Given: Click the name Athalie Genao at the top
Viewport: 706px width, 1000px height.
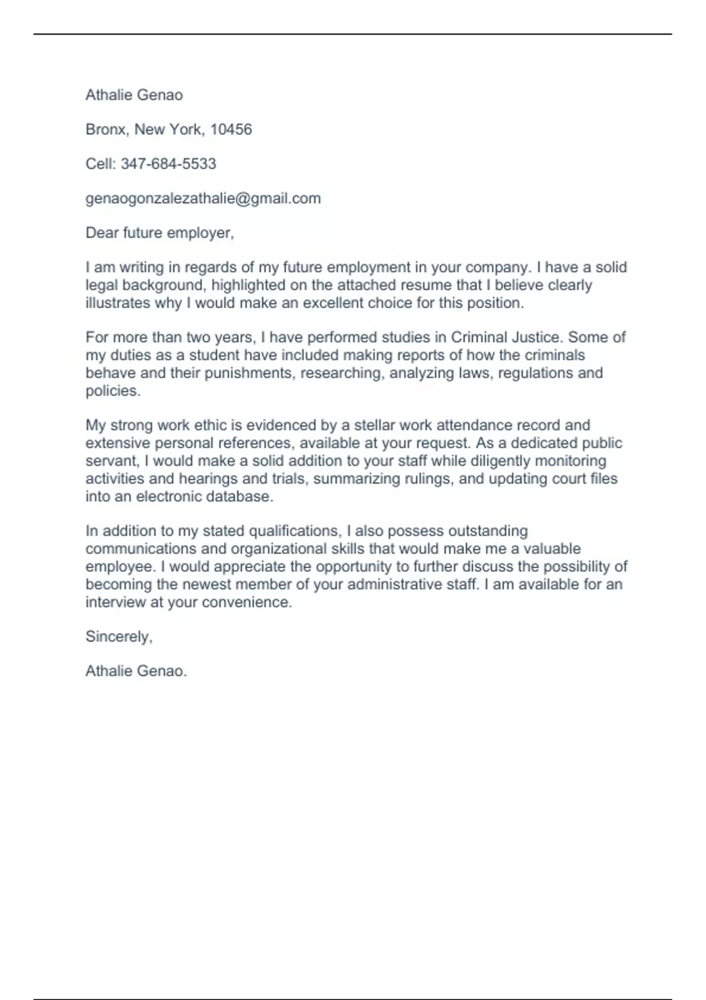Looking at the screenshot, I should (x=134, y=95).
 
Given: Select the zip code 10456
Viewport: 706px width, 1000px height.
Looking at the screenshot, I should (x=231, y=129).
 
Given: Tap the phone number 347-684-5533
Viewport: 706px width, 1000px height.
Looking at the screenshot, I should (x=168, y=164).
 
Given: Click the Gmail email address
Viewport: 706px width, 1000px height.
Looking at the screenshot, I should (x=203, y=198).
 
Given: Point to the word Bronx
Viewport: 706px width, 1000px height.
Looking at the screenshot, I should (x=105, y=129).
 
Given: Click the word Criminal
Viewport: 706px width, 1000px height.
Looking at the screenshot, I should (x=477, y=338).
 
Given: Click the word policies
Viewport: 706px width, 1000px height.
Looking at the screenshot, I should (x=112, y=391).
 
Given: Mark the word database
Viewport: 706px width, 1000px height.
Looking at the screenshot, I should (x=241, y=496).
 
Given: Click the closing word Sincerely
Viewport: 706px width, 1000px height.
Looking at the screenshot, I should (x=118, y=636).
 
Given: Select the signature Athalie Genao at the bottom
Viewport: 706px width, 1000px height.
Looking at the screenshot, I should (x=135, y=671).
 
